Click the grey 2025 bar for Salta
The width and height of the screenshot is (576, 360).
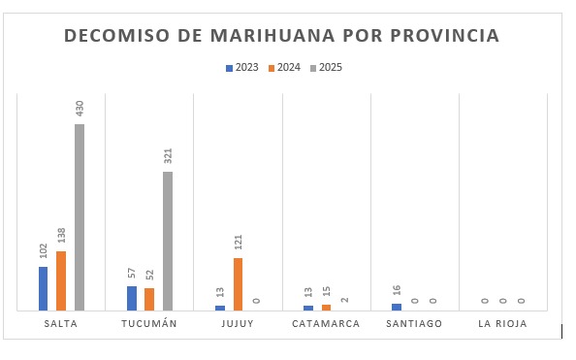pos(80,217)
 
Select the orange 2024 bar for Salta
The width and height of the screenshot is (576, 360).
pos(61,280)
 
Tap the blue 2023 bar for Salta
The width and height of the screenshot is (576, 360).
pos(43,288)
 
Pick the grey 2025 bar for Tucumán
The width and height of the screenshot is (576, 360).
pos(168,241)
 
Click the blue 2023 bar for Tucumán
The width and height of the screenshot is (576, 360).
pos(131,298)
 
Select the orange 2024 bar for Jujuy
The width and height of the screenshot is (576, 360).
pos(238,284)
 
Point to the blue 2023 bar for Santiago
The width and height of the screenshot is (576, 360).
pos(396,307)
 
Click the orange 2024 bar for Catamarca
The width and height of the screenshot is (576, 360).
pos(326,308)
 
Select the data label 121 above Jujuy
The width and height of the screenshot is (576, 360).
pos(238,242)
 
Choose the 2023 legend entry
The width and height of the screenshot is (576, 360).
pos(242,68)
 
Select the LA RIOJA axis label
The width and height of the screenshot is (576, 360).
pos(502,324)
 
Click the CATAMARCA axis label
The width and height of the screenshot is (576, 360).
pos(326,324)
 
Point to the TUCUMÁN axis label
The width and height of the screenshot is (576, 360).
pos(149,324)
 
